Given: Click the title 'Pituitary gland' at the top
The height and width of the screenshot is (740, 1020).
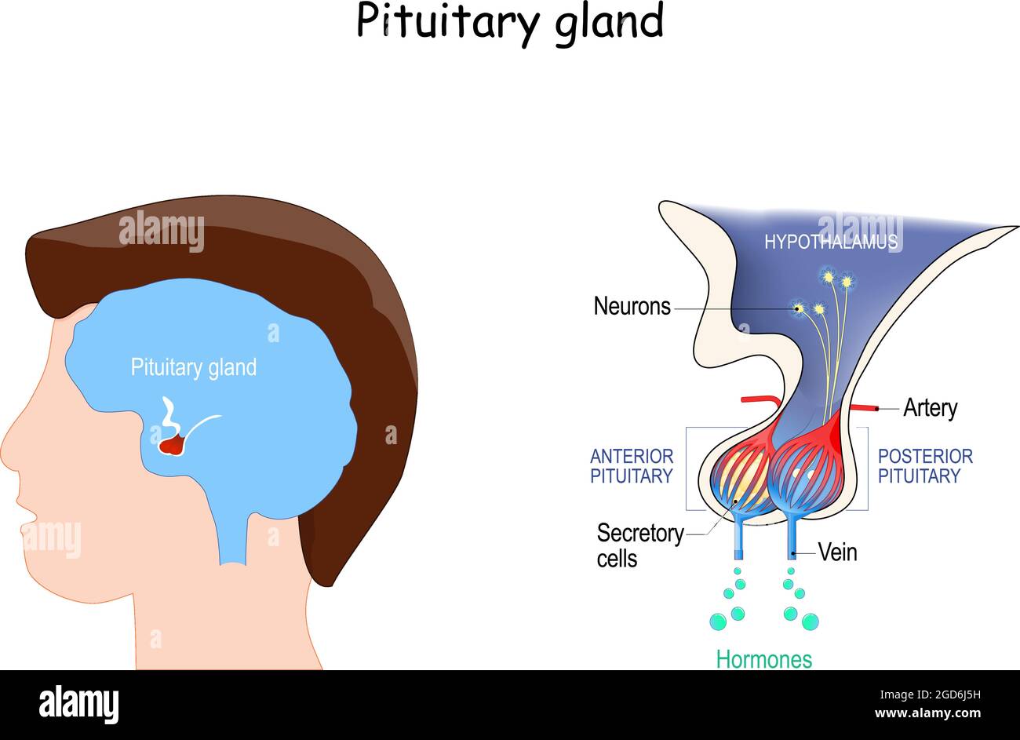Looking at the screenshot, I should click(x=510, y=22).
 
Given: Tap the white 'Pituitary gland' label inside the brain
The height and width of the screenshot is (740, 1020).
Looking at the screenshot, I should click(x=193, y=367).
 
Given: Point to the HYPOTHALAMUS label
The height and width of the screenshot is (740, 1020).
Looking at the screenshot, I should click(x=830, y=242).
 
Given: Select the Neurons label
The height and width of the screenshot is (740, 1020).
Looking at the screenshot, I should click(x=632, y=306).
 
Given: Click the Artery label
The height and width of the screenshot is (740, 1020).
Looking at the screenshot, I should click(x=930, y=408).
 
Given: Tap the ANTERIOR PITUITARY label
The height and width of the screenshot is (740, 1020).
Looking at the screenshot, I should click(x=632, y=466).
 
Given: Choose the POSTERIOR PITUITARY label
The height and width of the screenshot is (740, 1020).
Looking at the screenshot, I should click(x=924, y=466).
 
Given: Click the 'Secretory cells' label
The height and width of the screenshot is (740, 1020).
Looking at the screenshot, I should click(x=639, y=545).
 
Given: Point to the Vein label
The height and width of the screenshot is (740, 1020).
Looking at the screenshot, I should click(x=837, y=552).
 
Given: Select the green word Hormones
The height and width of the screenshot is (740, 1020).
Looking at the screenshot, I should click(x=763, y=659).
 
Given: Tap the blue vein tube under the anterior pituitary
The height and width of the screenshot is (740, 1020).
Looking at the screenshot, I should click(x=738, y=541).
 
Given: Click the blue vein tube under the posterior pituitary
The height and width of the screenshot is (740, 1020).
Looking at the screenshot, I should click(x=792, y=541).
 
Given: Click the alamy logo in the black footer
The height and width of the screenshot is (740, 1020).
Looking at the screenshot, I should click(x=78, y=704).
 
